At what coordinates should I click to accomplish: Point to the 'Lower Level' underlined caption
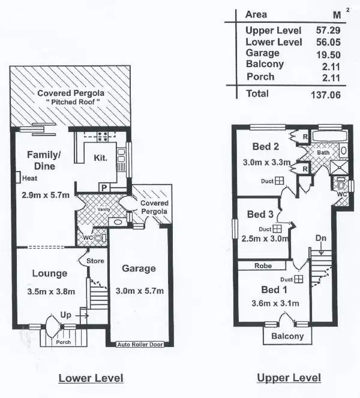tap(91, 378)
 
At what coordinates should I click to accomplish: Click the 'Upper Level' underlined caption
tap(289, 378)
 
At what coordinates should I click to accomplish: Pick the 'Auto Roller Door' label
tap(140, 345)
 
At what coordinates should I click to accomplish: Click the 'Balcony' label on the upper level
tap(288, 336)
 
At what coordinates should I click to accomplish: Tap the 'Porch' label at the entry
tap(63, 342)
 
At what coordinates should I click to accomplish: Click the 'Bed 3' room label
tap(260, 214)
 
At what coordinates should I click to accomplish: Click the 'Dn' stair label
tap(321, 237)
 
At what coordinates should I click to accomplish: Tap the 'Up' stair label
tap(65, 314)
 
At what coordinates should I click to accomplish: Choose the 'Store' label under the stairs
tap(95, 261)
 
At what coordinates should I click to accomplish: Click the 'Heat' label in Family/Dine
tap(30, 178)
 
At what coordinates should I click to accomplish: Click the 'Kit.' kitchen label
tap(100, 158)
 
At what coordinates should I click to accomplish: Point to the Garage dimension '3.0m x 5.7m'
tap(139, 291)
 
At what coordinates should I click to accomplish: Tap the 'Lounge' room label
tap(49, 273)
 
